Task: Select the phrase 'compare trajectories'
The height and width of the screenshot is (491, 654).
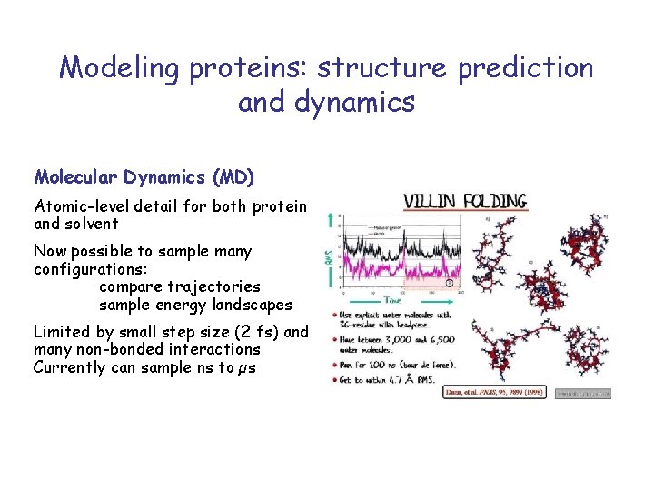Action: coord(180,286)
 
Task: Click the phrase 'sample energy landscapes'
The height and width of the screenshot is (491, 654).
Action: coord(195,305)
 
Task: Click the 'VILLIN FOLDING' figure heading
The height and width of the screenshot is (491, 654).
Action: coord(463,201)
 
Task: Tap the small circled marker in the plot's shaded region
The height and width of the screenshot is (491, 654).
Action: coord(447,283)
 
